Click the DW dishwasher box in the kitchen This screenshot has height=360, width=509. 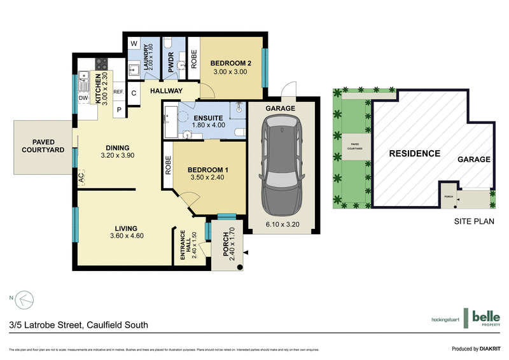[83, 99]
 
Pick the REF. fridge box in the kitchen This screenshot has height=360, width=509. [118, 92]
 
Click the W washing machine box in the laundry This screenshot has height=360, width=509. [134, 43]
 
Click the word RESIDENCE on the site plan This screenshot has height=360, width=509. [414, 153]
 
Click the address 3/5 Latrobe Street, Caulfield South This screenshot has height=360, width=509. [79, 325]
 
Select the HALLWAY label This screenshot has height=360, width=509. [166, 92]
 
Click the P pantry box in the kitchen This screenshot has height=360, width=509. [119, 110]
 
